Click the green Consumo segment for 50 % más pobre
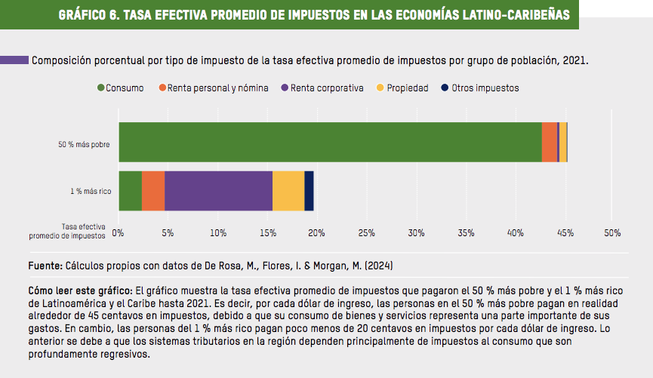[x=330, y=142]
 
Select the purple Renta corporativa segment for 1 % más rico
[x=218, y=191]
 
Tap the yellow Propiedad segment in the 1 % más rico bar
[x=288, y=191]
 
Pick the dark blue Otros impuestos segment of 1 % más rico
[x=309, y=191]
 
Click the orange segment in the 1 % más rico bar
[x=153, y=191]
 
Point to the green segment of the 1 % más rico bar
[x=130, y=191]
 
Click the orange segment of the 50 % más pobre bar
[x=549, y=142]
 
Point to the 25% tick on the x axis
[x=366, y=232]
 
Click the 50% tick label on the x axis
[x=612, y=232]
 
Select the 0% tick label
[x=118, y=232]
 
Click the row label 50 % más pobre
[x=85, y=143]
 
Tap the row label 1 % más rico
[x=91, y=192]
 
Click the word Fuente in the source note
[x=45, y=266]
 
